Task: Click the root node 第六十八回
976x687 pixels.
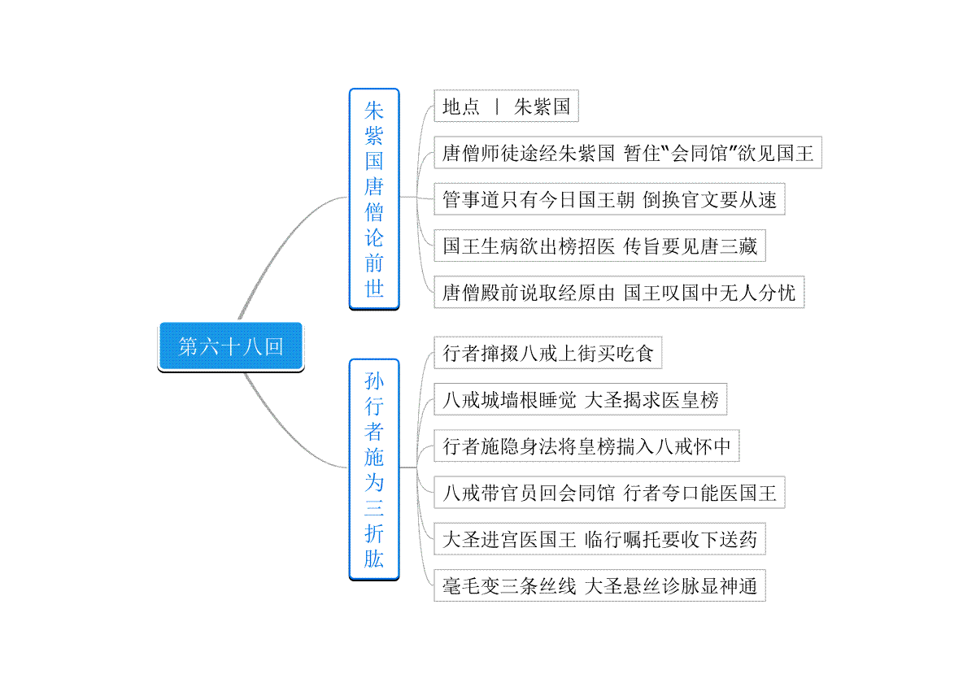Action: click(x=230, y=347)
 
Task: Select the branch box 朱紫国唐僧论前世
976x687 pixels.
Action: click(x=374, y=198)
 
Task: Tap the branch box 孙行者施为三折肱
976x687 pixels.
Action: click(x=374, y=469)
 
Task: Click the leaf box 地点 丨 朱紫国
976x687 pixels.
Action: click(x=506, y=107)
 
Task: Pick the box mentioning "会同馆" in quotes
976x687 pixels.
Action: click(x=628, y=153)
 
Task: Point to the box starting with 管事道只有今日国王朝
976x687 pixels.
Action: click(x=609, y=199)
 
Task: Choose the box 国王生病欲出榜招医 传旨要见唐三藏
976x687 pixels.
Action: click(x=599, y=246)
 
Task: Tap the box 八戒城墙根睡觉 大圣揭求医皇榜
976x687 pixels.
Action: click(x=580, y=400)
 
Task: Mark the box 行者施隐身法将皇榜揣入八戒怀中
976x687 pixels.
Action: click(x=586, y=446)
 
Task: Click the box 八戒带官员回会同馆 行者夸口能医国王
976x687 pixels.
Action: click(x=609, y=493)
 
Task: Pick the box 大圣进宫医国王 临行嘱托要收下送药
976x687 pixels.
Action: click(x=599, y=539)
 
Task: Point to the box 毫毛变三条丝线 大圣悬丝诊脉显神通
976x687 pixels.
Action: click(x=599, y=585)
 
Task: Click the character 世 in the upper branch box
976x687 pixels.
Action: click(x=374, y=289)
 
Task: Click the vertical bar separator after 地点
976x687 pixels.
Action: click(x=497, y=107)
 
